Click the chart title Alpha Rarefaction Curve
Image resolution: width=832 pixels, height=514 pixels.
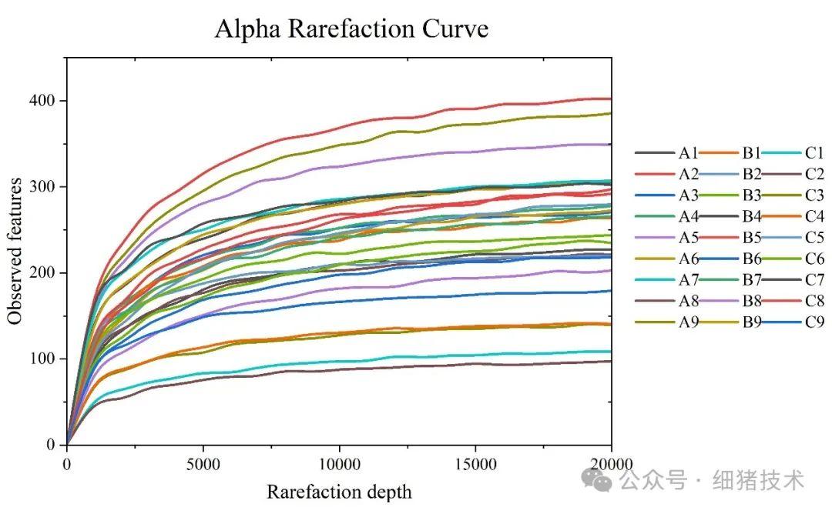[351, 29]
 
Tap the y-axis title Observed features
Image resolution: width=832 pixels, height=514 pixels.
[15, 251]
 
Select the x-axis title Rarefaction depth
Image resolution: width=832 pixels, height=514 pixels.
[339, 492]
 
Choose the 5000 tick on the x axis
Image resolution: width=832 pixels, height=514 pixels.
[203, 463]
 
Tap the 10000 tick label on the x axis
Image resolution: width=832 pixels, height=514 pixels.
[339, 463]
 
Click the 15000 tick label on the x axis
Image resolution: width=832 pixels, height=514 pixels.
[475, 463]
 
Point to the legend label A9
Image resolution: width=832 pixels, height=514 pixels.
[689, 322]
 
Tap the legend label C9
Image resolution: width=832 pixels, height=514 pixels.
[815, 322]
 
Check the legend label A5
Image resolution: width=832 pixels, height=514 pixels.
[689, 238]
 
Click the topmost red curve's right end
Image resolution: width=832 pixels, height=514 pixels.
[610, 98]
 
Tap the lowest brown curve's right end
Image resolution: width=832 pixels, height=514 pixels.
[610, 361]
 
